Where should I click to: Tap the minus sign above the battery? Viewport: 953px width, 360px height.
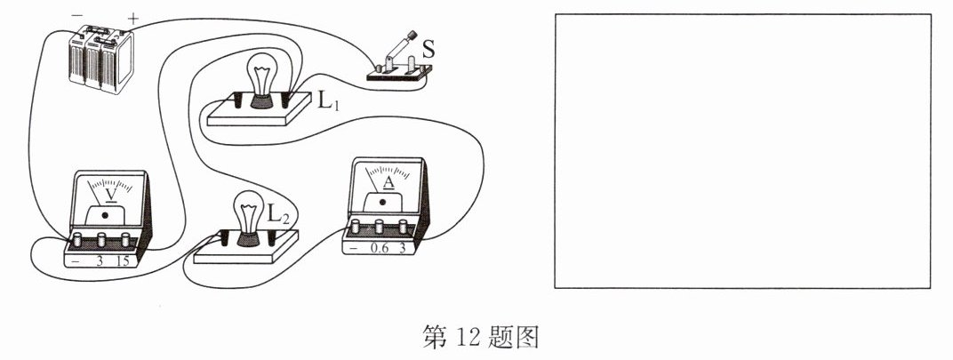(77, 16)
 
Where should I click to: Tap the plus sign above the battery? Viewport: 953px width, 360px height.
(133, 18)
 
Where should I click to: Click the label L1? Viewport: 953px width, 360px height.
(328, 100)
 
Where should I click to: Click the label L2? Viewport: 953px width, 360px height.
(279, 214)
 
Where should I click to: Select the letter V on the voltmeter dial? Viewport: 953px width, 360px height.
(110, 193)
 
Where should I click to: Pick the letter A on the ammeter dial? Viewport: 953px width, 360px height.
(388, 182)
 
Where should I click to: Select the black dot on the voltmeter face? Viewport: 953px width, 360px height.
(108, 214)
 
